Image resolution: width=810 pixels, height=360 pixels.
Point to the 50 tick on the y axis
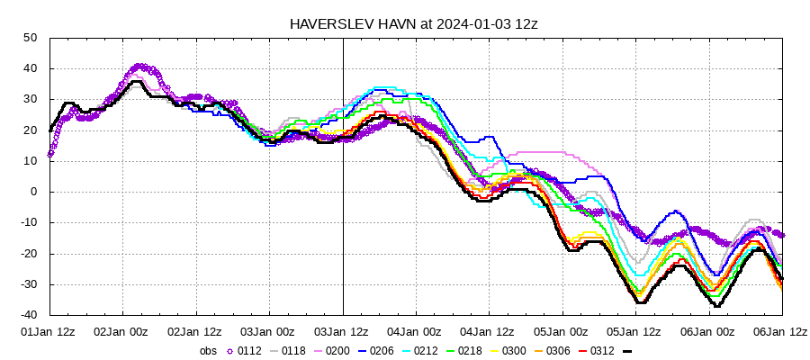tap(30, 38)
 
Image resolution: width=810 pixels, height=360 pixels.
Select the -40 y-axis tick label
tap(27, 316)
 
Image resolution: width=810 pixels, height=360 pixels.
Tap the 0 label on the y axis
tap(32, 192)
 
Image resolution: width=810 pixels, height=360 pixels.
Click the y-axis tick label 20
tap(30, 130)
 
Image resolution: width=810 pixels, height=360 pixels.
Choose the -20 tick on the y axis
tap(27, 254)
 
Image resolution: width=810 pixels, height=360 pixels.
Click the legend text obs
tap(207, 351)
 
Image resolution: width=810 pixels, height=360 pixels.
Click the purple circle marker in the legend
tap(228, 351)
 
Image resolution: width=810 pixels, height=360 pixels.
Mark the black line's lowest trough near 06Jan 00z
tap(717, 307)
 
